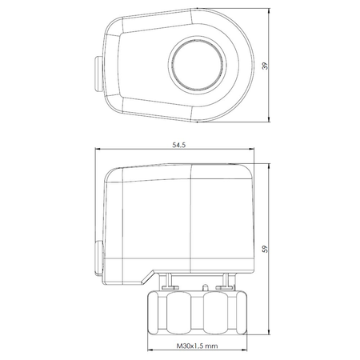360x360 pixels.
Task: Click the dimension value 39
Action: [265, 66]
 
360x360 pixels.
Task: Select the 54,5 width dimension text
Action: [178, 145]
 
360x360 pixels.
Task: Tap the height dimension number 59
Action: [265, 249]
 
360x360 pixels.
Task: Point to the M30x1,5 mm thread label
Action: [197, 346]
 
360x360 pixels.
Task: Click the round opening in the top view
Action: [197, 66]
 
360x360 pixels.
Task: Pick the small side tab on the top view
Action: [98, 74]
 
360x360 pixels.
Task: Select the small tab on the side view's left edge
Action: [98, 258]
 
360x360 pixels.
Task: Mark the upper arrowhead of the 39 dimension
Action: [269, 10]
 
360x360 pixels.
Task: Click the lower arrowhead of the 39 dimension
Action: [269, 120]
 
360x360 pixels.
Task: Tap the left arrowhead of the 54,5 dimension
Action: [98, 149]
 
